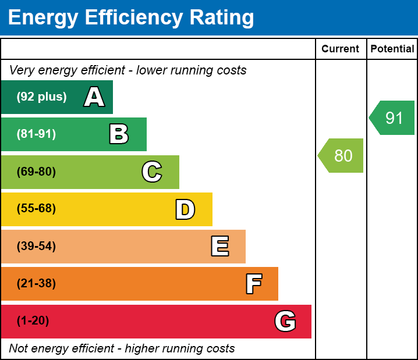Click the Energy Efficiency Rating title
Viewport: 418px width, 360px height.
click(130, 18)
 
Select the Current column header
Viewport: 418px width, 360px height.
click(341, 49)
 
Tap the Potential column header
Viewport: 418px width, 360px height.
click(392, 49)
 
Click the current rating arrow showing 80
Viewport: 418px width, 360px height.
click(342, 156)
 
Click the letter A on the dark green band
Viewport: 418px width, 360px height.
click(94, 97)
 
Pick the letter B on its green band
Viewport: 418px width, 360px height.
click(119, 134)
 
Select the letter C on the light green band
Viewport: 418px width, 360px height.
click(152, 172)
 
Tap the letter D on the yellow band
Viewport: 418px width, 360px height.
click(185, 209)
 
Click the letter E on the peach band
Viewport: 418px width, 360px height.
click(219, 247)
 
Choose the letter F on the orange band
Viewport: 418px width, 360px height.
click(253, 284)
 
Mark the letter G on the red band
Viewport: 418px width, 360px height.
click(285, 321)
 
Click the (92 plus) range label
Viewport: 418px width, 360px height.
click(41, 97)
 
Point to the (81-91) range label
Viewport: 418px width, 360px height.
click(36, 134)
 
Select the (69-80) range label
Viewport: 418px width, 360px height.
click(36, 172)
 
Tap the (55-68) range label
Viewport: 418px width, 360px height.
click(36, 209)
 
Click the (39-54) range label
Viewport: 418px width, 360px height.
click(36, 247)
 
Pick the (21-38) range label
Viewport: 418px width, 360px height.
click(36, 284)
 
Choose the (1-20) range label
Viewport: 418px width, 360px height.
click(33, 321)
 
